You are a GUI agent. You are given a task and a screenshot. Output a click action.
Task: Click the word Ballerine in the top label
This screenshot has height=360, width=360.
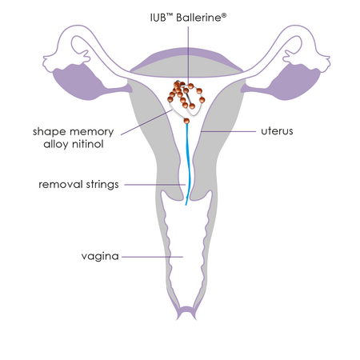tap(198, 18)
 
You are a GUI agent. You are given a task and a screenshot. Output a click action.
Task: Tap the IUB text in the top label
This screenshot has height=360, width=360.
tap(158, 18)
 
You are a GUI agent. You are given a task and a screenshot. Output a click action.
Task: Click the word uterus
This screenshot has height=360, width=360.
tap(277, 131)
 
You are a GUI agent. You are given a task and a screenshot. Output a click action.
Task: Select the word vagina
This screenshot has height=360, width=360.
tap(100, 257)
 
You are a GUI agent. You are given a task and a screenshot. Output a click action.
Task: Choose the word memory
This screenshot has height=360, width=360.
tap(91, 132)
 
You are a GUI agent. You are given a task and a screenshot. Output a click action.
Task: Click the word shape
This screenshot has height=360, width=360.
tap(49, 132)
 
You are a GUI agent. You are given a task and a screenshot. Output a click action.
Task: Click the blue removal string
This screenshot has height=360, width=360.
tap(188, 165)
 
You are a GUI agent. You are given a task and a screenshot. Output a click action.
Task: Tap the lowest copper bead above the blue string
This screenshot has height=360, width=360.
tap(186, 121)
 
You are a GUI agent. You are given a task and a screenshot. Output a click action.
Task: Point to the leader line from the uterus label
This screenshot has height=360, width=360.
tap(228, 131)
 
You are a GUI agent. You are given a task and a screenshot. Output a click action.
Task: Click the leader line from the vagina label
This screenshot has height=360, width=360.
tap(152, 257)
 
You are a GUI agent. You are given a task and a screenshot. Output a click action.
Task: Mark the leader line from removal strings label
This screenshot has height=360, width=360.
tap(155, 185)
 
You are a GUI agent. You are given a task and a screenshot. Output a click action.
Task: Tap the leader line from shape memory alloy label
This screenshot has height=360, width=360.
tap(146, 122)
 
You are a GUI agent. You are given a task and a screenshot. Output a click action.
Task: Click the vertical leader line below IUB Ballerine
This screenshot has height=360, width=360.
tap(188, 55)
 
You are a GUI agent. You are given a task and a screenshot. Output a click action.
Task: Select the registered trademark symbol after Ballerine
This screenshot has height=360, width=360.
tap(224, 15)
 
